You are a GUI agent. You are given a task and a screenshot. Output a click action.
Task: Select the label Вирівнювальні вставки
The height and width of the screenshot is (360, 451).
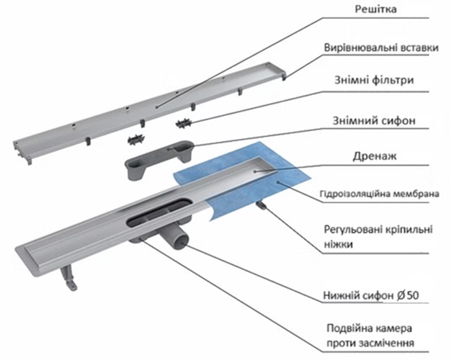[380, 48]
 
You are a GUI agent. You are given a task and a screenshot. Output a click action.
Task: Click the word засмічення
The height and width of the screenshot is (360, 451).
[385, 343]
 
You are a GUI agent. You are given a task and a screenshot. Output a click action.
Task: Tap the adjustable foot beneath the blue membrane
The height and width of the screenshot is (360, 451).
[263, 207]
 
